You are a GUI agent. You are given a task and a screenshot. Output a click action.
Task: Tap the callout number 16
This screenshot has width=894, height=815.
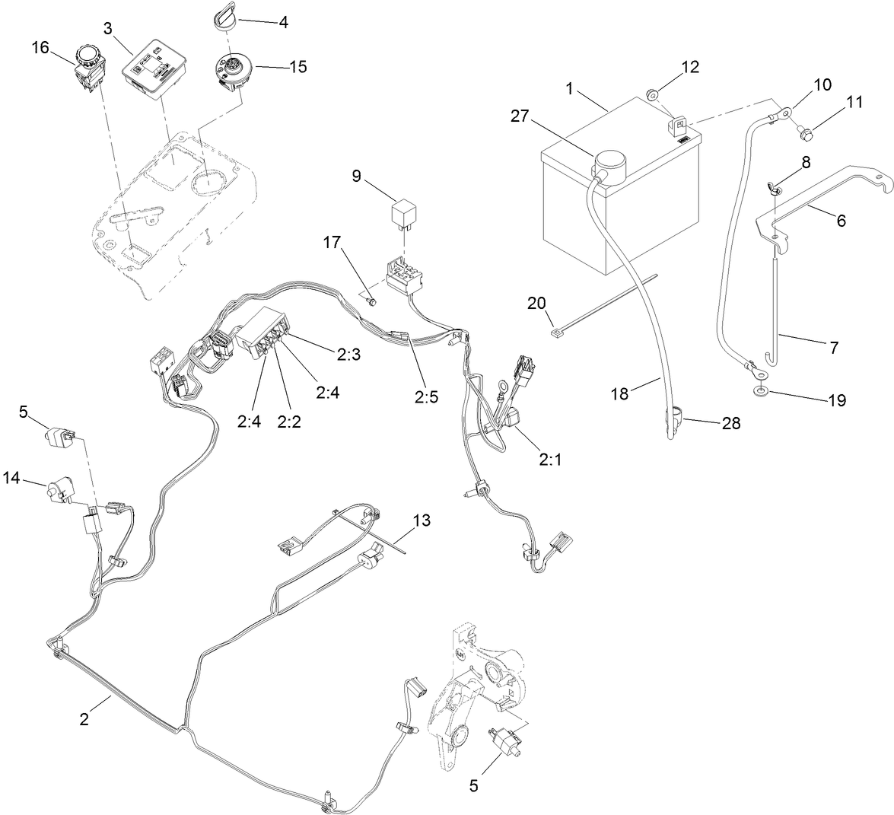(40, 49)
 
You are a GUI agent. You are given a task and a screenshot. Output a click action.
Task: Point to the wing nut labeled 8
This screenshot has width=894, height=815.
(775, 188)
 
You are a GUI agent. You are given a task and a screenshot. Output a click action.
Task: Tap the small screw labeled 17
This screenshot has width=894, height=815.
(373, 302)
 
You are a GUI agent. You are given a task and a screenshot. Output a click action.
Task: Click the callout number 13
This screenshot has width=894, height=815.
(421, 521)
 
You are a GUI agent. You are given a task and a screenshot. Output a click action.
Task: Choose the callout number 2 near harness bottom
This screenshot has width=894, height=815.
(84, 719)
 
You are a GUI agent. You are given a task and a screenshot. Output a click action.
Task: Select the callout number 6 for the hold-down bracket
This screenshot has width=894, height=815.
(841, 221)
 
